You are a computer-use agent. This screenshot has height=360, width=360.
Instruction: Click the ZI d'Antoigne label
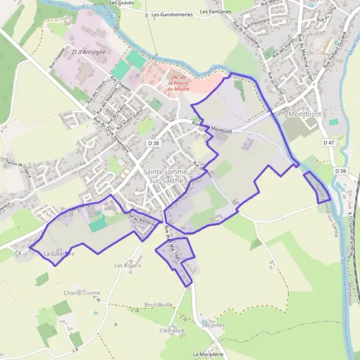[85, 52]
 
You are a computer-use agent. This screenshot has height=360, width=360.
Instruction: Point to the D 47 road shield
[328, 143]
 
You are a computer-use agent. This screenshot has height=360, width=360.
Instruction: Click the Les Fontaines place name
[215, 11]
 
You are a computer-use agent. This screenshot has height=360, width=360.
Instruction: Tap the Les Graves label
[121, 2]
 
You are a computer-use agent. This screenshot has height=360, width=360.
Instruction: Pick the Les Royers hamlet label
[127, 265]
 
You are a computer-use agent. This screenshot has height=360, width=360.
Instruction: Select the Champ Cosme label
[82, 293]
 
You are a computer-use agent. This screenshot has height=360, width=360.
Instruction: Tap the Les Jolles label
[213, 325]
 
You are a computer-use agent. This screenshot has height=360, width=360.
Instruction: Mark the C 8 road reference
[75, 349]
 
